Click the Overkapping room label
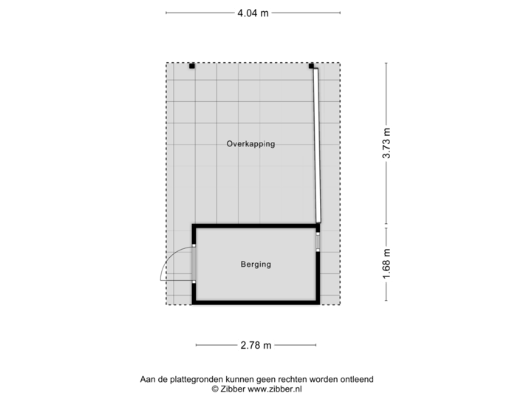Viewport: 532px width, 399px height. [250, 145]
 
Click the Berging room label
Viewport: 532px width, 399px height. [256, 264]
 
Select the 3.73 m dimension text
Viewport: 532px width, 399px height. [386, 144]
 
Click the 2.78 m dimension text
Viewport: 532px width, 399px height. [256, 344]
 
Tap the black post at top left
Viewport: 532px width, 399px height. [191, 66]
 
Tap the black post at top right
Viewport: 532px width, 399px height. [311, 66]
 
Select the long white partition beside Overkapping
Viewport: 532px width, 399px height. [316, 144]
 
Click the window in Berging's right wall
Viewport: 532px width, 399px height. [318, 242]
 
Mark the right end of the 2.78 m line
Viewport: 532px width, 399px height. [316, 344]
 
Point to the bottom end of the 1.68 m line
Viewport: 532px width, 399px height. [386, 299]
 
